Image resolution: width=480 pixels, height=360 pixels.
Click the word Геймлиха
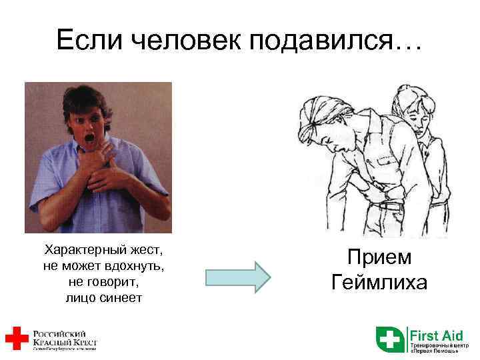point(379,283)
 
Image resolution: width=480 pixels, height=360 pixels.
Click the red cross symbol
point(15,338)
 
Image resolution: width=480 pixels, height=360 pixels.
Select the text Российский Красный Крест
point(64,338)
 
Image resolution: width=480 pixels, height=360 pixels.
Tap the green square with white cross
point(390,339)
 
